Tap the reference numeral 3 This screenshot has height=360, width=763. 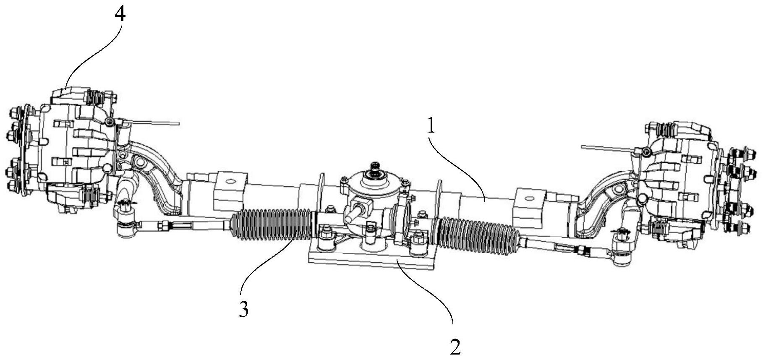pyautogui.click(x=244, y=309)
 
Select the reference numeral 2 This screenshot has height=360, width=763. pyautogui.click(x=455, y=347)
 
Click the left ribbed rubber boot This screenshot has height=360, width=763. pyautogui.click(x=273, y=225)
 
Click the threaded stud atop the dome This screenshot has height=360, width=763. pyautogui.click(x=373, y=166)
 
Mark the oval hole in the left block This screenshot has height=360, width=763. pyautogui.click(x=229, y=182)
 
